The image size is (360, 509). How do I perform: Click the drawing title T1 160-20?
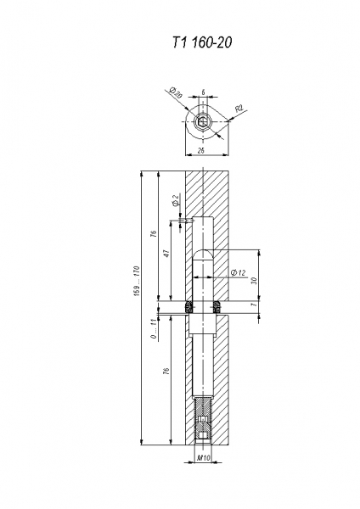click(x=202, y=42)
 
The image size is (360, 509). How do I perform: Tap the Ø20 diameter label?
click(x=177, y=93)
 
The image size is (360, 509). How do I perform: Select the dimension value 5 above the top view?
click(x=203, y=92)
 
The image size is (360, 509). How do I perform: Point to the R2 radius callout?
click(x=239, y=108)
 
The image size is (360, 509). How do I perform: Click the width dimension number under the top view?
click(x=201, y=151)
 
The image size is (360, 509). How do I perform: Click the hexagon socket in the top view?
click(x=203, y=121)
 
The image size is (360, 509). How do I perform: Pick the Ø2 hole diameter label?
click(x=176, y=200)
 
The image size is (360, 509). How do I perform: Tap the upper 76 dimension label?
click(x=154, y=234)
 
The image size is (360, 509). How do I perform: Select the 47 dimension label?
click(x=166, y=254)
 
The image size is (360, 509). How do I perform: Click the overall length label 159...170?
click(x=137, y=281)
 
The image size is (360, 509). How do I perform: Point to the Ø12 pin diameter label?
click(x=238, y=272)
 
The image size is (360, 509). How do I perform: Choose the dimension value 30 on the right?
click(x=254, y=281)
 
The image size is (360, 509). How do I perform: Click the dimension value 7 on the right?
click(x=254, y=304)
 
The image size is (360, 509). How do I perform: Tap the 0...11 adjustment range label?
click(x=154, y=328)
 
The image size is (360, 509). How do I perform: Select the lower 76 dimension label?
click(x=166, y=371)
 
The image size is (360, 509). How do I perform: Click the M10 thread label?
click(x=204, y=458)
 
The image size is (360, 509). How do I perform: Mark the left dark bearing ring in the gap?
click(x=188, y=307)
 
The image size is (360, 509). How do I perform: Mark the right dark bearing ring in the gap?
click(x=217, y=307)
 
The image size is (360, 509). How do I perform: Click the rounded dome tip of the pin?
click(x=203, y=255)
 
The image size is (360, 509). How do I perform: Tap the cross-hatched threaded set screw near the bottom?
click(x=203, y=419)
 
